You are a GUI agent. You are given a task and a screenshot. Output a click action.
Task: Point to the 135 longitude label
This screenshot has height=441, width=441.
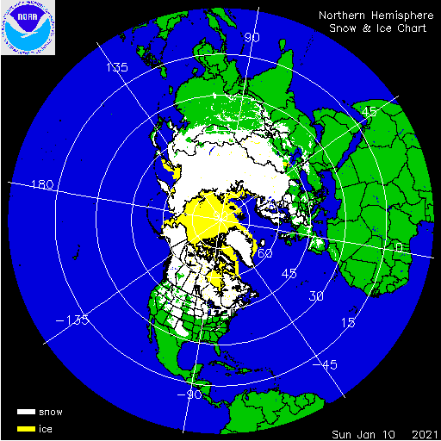pyautogui.click(x=116, y=67)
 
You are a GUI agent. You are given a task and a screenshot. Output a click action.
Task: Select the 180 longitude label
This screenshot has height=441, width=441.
pyautogui.click(x=42, y=185)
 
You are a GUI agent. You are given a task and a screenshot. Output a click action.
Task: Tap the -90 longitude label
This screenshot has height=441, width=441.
pyautogui.click(x=190, y=394)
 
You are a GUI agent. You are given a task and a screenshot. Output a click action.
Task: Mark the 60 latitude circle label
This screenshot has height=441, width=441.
pyautogui.click(x=265, y=253)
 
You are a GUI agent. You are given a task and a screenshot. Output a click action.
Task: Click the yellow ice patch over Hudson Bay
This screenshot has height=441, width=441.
pyautogui.click(x=215, y=278)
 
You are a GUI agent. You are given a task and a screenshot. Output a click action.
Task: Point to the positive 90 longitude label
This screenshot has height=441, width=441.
pyautogui.click(x=252, y=37)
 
